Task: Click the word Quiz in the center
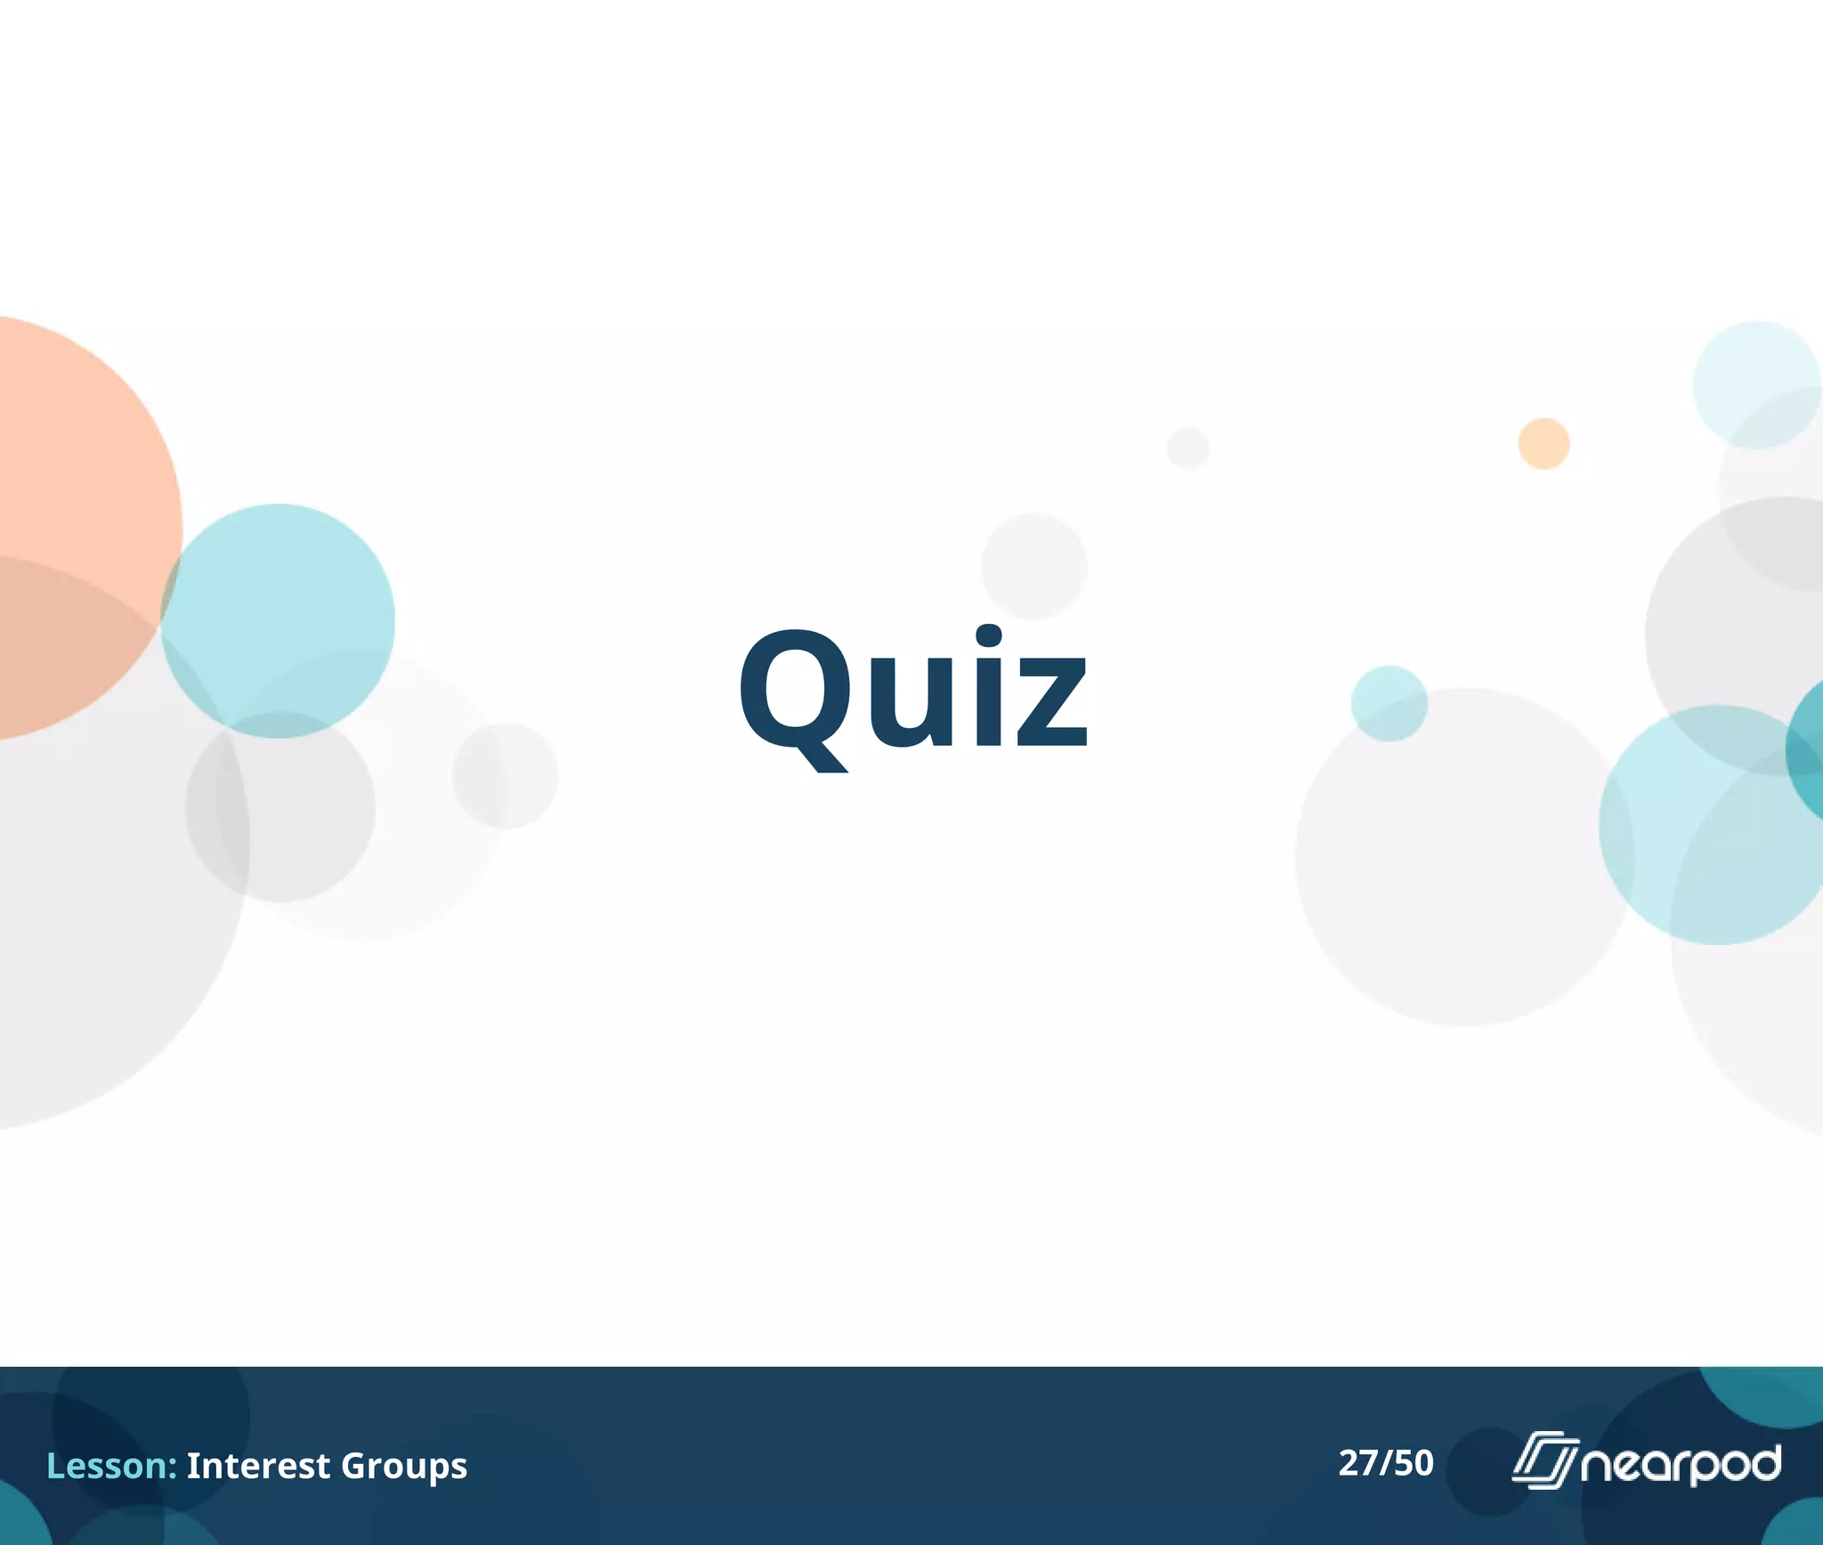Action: [912, 690]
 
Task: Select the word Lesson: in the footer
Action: [111, 1465]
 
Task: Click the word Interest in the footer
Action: [258, 1465]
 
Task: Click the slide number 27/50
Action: [1386, 1463]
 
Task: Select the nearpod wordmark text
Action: [1681, 1464]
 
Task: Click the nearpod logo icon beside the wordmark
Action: [1544, 1460]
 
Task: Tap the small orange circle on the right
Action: [1543, 443]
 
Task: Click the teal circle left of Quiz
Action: [278, 620]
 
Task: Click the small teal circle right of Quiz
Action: [1389, 703]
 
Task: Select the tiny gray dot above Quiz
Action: [1187, 448]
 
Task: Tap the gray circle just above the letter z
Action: [1033, 566]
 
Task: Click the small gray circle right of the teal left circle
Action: [505, 775]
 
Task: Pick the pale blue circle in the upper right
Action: [1755, 384]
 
